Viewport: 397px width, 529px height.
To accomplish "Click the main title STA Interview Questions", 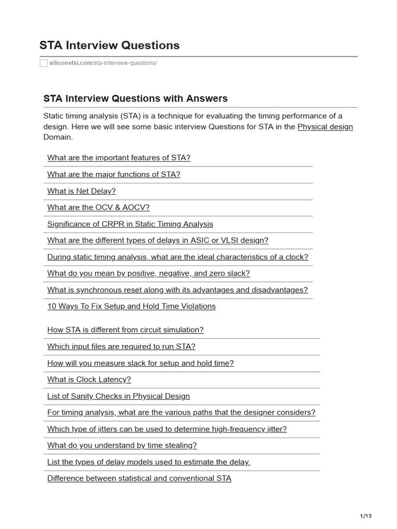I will pos(110,45).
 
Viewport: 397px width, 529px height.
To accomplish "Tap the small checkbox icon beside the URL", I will pos(43,63).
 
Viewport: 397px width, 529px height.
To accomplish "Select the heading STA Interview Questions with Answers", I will pos(135,98).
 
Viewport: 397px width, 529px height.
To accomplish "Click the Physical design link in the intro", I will pos(325,127).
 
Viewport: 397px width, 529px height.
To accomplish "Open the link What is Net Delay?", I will pos(82,191).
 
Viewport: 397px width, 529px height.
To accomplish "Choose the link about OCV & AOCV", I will pos(98,207).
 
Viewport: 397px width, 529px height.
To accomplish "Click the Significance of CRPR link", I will pos(130,224).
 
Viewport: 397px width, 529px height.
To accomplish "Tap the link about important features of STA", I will pos(119,158).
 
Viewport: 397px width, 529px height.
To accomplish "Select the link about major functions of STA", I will pos(114,174).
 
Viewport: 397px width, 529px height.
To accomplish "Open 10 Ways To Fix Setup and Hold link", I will pos(131,306).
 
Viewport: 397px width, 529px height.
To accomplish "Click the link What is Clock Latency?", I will pos(89,379).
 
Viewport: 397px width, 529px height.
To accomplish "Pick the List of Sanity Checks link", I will pos(118,396).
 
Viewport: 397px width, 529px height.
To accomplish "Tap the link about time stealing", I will pos(122,445).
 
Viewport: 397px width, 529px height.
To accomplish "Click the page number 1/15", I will pos(365,516).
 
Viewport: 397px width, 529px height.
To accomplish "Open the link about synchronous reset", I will pos(177,290).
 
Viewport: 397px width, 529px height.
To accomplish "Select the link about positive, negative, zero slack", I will pos(148,273).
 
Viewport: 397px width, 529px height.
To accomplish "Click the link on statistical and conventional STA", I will pos(139,478).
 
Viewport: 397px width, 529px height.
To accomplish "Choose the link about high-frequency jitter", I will pos(167,428).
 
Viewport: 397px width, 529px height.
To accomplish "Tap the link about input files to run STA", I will pos(121,346).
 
